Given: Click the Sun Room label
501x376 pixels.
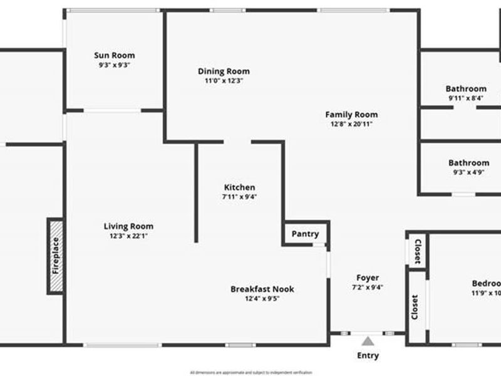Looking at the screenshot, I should pyautogui.click(x=114, y=55).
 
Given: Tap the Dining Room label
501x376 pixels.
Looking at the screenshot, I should pyautogui.click(x=224, y=71).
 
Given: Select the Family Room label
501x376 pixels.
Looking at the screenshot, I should pyautogui.click(x=351, y=115).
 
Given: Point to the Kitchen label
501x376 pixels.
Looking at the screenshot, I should pyautogui.click(x=239, y=187).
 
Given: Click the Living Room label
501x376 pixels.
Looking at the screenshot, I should pyautogui.click(x=128, y=226).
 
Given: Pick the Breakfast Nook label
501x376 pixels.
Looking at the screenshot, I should pyautogui.click(x=262, y=289).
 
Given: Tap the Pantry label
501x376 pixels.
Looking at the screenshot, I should pyautogui.click(x=305, y=234).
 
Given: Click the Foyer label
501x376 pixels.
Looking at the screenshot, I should pyautogui.click(x=368, y=278).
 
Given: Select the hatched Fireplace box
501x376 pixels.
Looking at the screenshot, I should pyautogui.click(x=55, y=256).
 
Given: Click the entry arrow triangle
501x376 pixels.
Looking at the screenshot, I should pyautogui.click(x=368, y=341).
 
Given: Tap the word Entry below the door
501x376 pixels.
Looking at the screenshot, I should pyautogui.click(x=368, y=356).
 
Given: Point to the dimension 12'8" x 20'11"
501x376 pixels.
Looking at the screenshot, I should pyautogui.click(x=351, y=124).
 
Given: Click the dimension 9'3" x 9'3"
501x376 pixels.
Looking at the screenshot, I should pyautogui.click(x=114, y=65).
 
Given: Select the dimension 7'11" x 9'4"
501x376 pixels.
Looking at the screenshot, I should pyautogui.click(x=239, y=197).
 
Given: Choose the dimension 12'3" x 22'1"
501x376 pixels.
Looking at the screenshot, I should pyautogui.click(x=128, y=236).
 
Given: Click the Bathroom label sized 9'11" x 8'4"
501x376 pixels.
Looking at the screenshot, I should pyautogui.click(x=466, y=89).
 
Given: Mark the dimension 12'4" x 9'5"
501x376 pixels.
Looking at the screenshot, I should pyautogui.click(x=262, y=299).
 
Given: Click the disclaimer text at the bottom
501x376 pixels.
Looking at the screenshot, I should pyautogui.click(x=250, y=372).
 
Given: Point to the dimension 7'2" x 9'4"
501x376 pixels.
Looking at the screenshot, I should pyautogui.click(x=368, y=288).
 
